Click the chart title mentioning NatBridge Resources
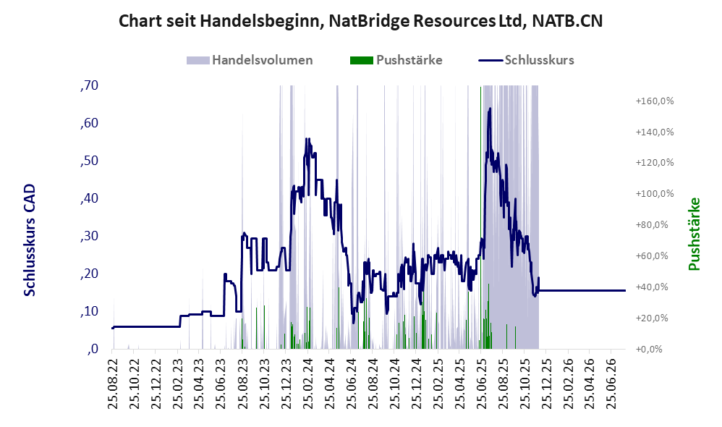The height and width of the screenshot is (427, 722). click(x=360, y=21)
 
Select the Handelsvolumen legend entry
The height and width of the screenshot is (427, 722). click(x=250, y=60)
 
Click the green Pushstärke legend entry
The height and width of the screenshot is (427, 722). click(x=396, y=60)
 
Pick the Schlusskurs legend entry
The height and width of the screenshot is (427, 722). click(x=526, y=60)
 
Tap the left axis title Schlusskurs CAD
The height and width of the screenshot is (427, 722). click(x=30, y=240)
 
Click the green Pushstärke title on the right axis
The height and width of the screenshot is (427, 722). click(x=694, y=234)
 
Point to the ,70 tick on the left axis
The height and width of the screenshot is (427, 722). click(x=89, y=85)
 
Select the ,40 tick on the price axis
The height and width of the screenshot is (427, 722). click(x=89, y=198)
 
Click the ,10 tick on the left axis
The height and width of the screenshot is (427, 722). click(x=89, y=311)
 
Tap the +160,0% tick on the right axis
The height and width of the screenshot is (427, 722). click(x=654, y=101)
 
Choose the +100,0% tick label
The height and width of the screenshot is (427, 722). click(x=654, y=193)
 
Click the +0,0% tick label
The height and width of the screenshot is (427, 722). click(x=649, y=349)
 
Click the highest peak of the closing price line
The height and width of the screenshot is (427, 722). click(x=490, y=109)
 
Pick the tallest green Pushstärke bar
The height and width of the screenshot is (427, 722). click(x=480, y=217)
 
